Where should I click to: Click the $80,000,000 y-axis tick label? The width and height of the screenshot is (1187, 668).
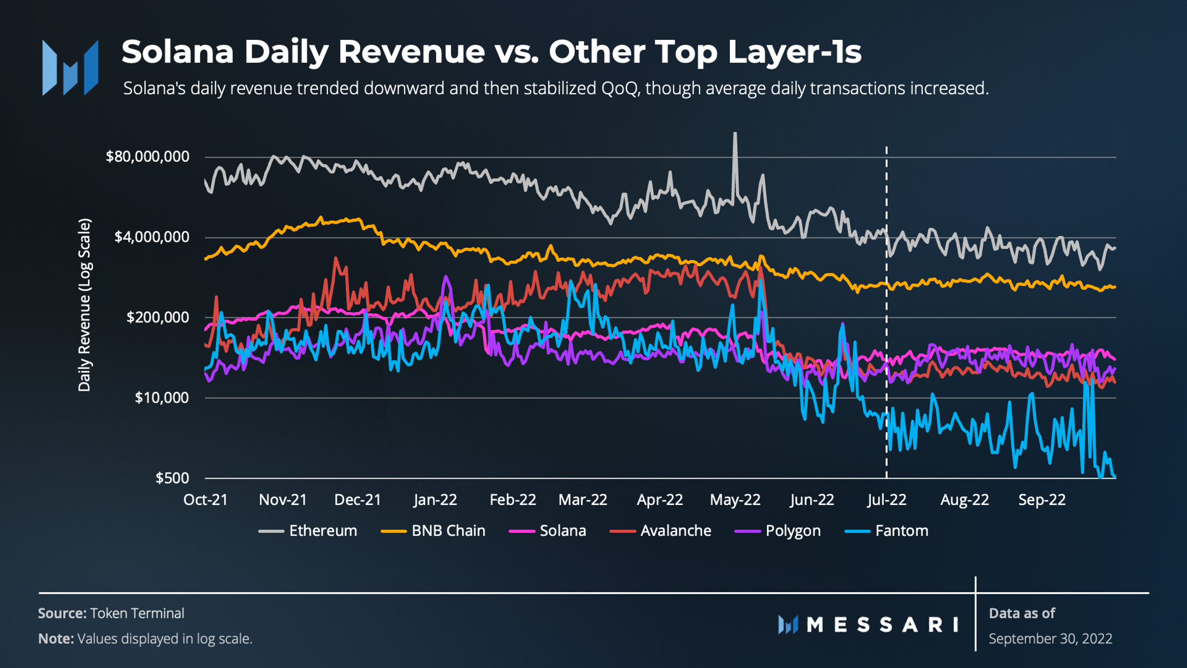click(147, 157)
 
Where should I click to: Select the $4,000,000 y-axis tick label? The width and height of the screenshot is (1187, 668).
click(151, 237)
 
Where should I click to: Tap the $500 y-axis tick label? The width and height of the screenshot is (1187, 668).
click(172, 478)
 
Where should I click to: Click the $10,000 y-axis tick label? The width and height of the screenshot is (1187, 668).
click(162, 397)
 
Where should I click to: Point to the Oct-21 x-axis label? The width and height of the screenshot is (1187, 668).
click(206, 500)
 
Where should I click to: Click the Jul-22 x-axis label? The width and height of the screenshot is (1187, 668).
click(887, 500)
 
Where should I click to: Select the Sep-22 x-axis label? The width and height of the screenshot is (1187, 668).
click(1042, 500)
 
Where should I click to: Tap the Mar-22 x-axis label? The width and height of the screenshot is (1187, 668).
click(582, 500)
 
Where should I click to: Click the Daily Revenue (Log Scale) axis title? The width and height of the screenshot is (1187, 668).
click(84, 305)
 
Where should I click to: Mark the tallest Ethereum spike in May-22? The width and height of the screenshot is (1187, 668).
click(735, 135)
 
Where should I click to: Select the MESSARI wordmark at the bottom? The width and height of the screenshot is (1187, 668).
click(882, 625)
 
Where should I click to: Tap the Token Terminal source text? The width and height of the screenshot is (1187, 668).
click(137, 613)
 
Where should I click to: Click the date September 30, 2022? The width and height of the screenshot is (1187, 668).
click(1050, 639)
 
